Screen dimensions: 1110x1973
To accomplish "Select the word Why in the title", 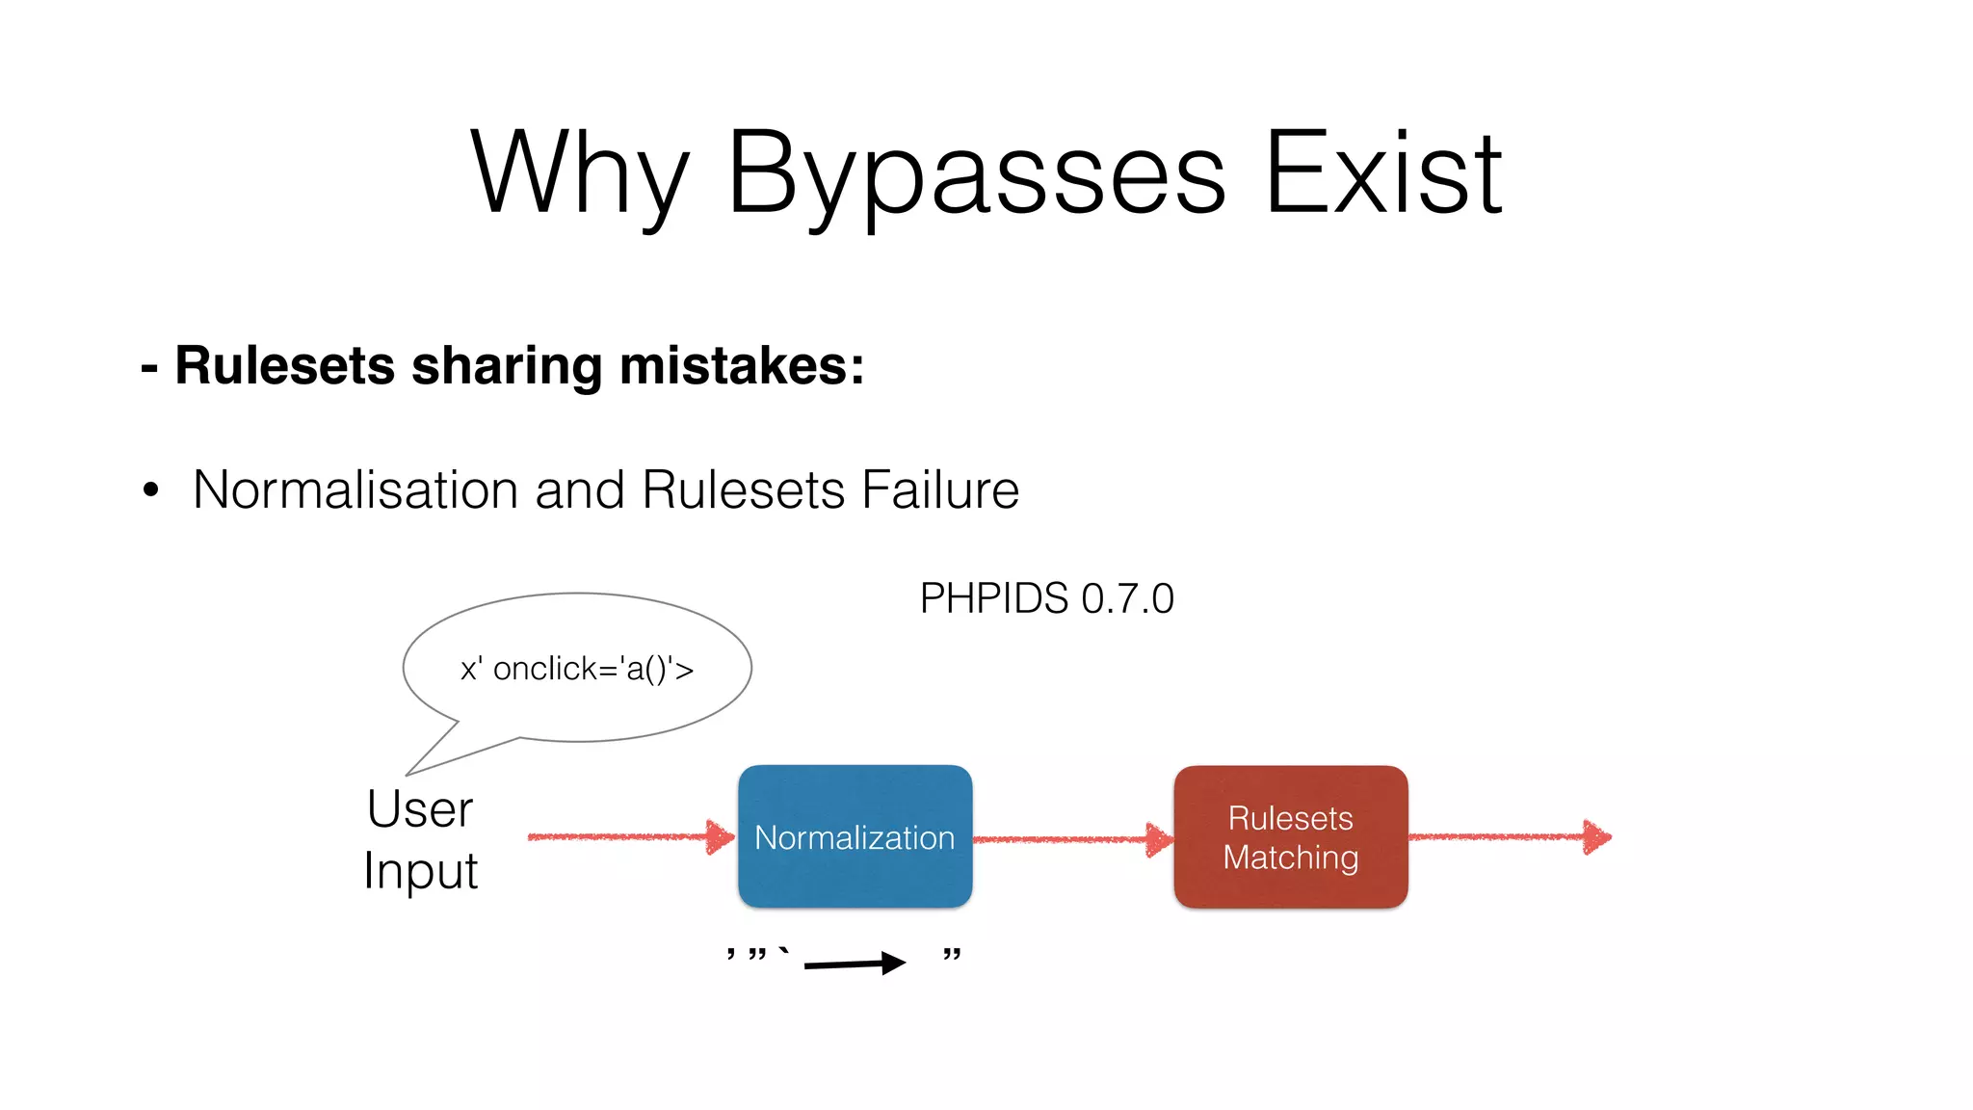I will (580, 173).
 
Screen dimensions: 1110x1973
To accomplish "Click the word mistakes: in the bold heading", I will (742, 366).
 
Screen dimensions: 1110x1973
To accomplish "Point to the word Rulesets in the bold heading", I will (285, 366).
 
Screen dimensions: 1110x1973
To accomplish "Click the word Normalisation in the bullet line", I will (355, 489).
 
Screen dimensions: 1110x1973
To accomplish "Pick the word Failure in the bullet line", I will (940, 489).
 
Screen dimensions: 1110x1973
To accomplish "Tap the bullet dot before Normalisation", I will (150, 490).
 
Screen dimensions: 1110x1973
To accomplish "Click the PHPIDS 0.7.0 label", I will (1046, 598).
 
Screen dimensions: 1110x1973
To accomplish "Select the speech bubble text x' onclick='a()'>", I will (577, 669).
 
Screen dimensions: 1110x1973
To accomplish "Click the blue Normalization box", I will (855, 836).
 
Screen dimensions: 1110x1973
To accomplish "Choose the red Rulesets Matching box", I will (1290, 836).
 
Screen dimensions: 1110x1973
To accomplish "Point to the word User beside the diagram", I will (420, 809).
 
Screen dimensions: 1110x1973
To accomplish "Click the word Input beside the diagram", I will (420, 871).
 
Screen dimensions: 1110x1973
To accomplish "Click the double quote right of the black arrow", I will (952, 955).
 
